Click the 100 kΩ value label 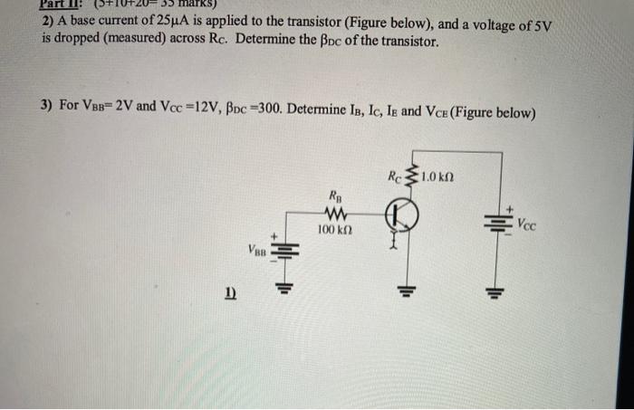tap(334, 233)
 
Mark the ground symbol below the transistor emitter tap(404, 291)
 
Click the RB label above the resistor tap(335, 194)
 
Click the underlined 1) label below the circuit tap(230, 293)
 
